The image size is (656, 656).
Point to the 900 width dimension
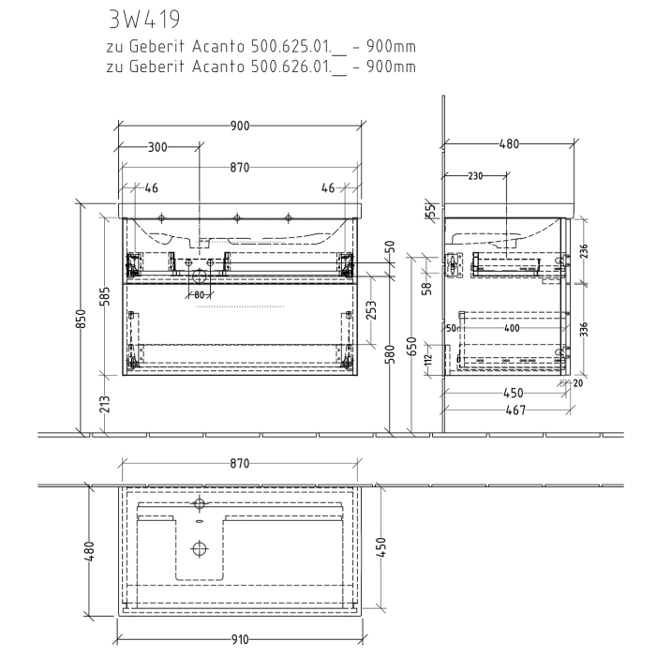(239, 127)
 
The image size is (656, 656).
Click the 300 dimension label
(157, 147)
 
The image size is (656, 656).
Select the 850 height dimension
(82, 319)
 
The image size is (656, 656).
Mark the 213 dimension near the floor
(105, 405)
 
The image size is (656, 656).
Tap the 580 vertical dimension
(390, 354)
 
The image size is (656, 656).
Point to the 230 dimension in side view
(476, 175)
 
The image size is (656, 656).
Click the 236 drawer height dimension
(585, 252)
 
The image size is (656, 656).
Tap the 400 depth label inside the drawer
(511, 328)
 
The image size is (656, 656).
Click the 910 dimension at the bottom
(239, 640)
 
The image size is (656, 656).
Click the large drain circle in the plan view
(199, 549)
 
